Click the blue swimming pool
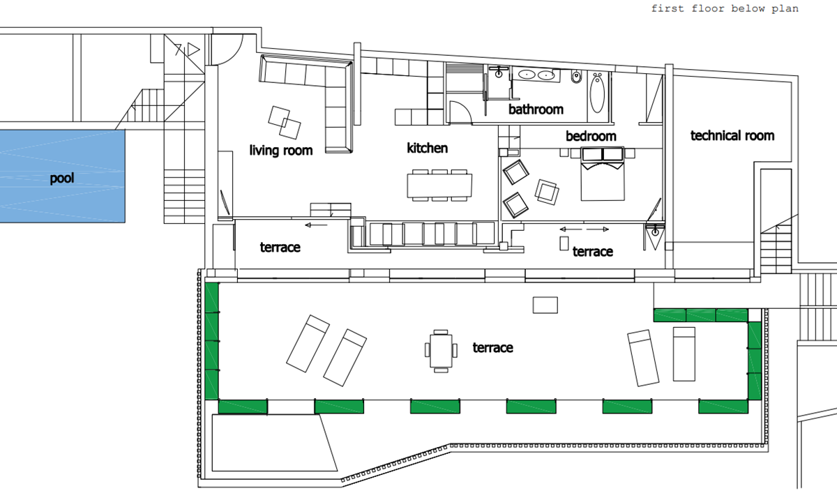coord(62,176)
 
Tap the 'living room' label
coord(281,150)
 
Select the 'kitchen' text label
coord(427,148)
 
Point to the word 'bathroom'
coord(536,109)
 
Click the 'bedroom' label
coord(591,136)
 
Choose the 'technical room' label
coord(732,135)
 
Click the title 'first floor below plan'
coord(725,8)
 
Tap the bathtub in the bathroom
coord(597,93)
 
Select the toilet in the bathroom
coord(576,77)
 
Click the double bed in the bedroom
coord(603,174)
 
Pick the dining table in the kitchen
coord(439,185)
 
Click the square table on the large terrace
coord(441,351)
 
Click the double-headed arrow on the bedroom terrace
coord(585,229)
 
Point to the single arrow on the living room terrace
coord(316,225)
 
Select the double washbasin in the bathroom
coord(536,75)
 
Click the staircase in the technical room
coord(776,248)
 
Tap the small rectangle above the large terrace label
coord(545,305)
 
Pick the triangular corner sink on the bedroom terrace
coord(655,236)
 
